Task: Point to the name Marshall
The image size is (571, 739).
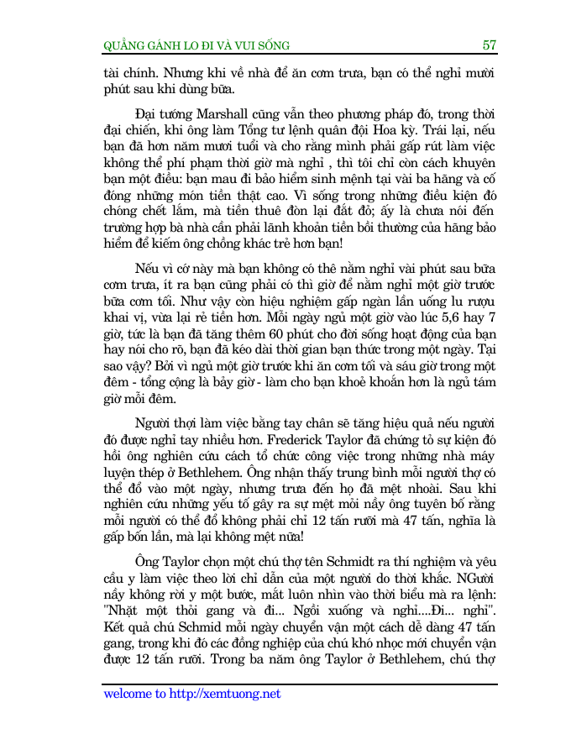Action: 224,112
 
